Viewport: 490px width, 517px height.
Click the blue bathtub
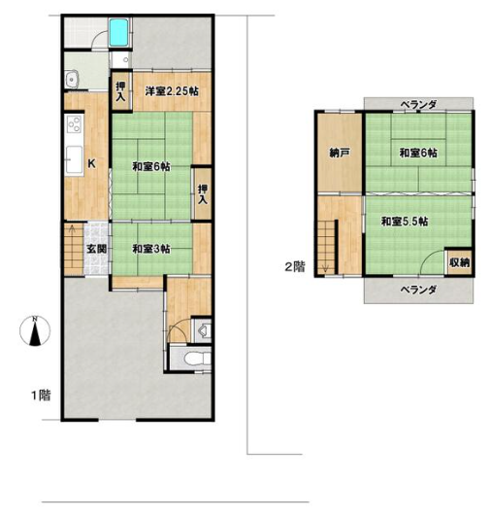(x=119, y=32)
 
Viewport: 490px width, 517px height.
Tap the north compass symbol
(x=35, y=331)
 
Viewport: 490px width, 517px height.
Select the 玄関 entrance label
(x=97, y=249)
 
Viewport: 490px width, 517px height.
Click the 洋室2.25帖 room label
(x=172, y=90)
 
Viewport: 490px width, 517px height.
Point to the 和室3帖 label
(x=151, y=249)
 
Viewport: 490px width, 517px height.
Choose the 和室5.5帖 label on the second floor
(x=405, y=222)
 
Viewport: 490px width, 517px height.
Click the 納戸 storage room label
(x=340, y=153)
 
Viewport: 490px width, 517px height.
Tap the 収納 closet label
(x=459, y=262)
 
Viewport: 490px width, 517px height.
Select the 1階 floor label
(x=41, y=395)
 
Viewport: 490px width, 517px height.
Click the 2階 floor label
(x=295, y=266)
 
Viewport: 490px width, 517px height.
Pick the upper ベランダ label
(x=418, y=105)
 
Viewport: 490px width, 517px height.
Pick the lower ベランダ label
(x=418, y=290)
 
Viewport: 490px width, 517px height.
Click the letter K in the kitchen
(x=92, y=163)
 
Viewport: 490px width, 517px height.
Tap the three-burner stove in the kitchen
(x=75, y=124)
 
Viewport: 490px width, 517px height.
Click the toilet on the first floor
(x=197, y=359)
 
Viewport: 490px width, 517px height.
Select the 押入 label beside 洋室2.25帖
(x=121, y=91)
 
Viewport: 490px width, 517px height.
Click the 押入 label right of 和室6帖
(x=203, y=194)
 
